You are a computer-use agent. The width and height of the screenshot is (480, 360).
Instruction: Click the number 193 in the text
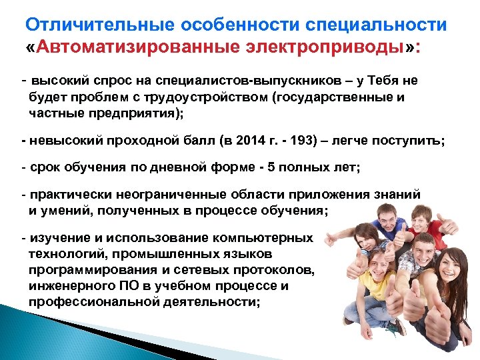tap(277, 141)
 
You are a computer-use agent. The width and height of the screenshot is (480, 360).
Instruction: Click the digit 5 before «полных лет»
tap(263, 168)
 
